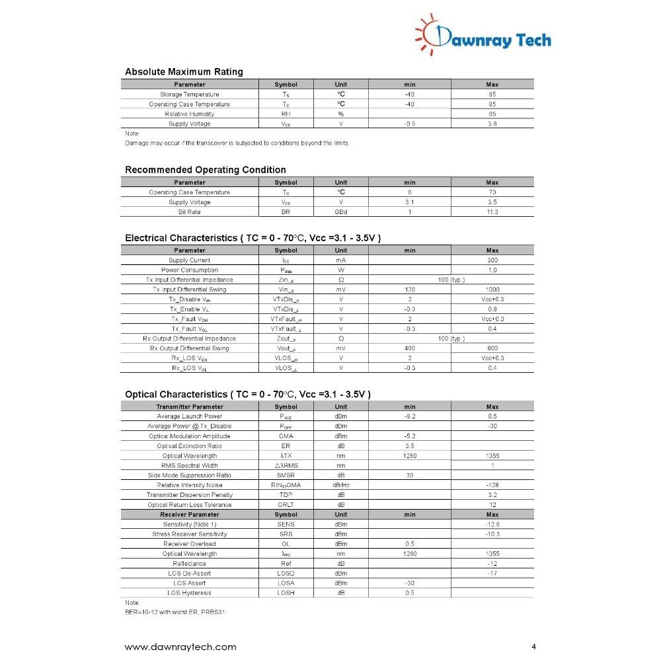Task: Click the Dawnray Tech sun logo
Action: point(431,34)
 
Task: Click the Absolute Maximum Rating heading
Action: point(184,72)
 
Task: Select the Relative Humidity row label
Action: point(190,114)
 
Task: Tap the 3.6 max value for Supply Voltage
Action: point(492,124)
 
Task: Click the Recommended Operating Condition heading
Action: point(206,170)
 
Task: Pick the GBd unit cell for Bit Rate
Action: point(340,212)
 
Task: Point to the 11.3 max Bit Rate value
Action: point(492,212)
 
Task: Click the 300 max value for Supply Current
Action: point(492,260)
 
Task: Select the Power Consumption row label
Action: point(190,270)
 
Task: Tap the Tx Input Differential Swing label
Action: point(190,290)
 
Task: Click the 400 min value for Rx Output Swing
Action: point(410,348)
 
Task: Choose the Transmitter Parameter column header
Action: point(190,407)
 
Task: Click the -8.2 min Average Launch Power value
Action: point(410,417)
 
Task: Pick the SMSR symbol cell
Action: point(286,475)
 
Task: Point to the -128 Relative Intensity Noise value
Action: point(492,485)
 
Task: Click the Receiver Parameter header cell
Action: point(190,514)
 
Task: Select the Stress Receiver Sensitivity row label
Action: point(190,534)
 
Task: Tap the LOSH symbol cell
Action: point(286,593)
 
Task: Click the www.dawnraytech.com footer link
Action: point(180,647)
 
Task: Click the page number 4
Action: point(533,646)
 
